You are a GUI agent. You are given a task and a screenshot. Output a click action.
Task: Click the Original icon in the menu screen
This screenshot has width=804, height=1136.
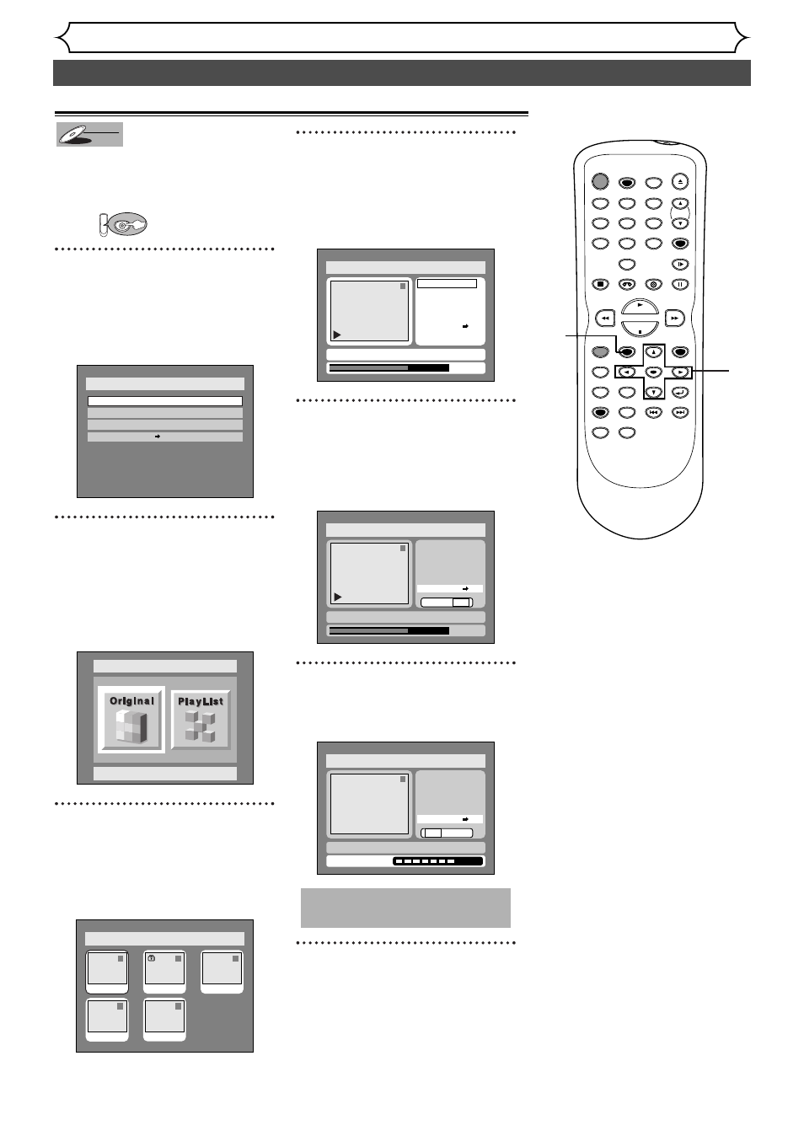coord(131,719)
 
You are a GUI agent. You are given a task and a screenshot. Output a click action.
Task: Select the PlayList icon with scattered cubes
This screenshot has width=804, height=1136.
coord(201,719)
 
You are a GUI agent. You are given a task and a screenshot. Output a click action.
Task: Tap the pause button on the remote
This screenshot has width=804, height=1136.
coord(680,285)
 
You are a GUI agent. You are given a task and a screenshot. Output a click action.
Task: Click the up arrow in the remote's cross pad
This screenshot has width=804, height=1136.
coord(653,351)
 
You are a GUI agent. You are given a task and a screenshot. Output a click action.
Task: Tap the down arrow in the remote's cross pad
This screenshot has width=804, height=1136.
coord(653,392)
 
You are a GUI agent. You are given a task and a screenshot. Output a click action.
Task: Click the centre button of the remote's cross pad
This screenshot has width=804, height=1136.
coord(653,372)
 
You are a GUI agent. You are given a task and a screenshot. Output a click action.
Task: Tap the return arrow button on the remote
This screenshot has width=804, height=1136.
coord(680,392)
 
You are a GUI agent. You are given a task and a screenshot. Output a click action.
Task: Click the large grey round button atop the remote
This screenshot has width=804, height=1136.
coord(599,180)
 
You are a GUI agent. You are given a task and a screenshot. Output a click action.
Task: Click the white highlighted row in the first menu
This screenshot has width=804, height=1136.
coord(165,402)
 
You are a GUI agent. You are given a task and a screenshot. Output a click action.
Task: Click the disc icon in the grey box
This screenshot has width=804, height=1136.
coord(89,135)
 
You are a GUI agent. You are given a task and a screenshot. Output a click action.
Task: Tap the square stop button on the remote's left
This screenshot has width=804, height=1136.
coord(600,285)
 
